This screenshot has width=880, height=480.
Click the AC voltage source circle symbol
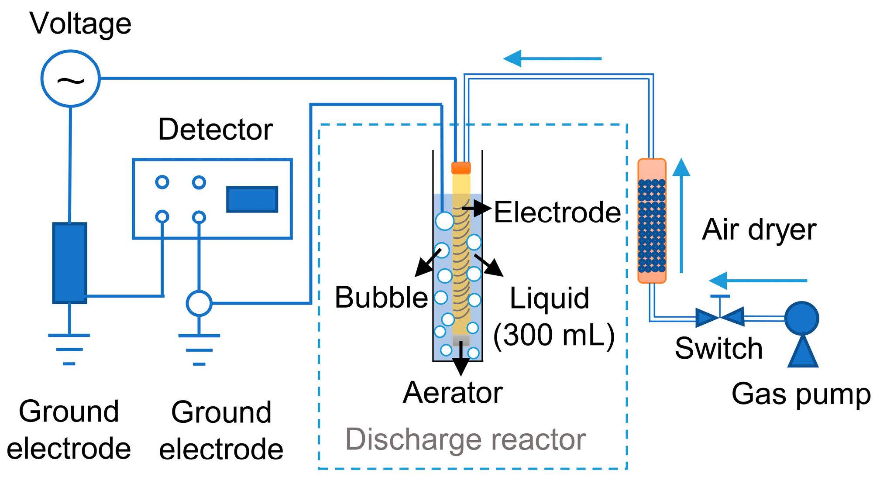point(70,79)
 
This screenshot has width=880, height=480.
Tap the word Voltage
point(80,24)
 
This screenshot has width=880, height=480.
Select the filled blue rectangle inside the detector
point(252,199)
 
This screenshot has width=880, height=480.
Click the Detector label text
point(215,130)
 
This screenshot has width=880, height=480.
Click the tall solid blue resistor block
point(69,263)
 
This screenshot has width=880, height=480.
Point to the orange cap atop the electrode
point(461,168)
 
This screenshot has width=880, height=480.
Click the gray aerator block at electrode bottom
point(461,340)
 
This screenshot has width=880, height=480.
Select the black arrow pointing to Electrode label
point(477,208)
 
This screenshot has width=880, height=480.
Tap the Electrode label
point(557,213)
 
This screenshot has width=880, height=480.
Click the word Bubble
point(381,298)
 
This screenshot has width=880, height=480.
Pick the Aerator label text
point(453,393)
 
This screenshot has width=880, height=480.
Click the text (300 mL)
point(553,335)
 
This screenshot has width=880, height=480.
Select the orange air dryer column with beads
point(651,221)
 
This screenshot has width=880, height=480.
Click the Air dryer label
point(759,230)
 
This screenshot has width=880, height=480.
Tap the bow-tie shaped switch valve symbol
point(719,317)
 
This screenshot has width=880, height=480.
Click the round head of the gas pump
point(801,319)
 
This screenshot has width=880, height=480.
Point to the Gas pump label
point(801,394)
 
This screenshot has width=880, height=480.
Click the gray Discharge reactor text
point(465,439)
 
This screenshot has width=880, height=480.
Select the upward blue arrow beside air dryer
point(681,216)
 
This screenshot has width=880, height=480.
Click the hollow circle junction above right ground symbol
point(199,303)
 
